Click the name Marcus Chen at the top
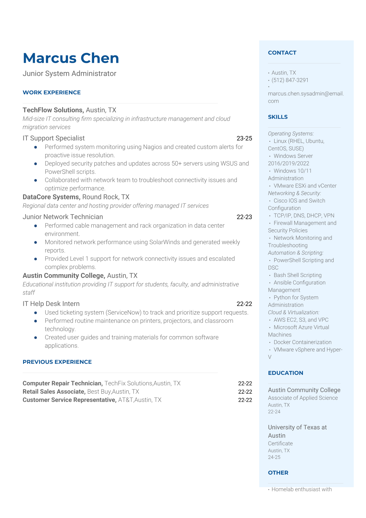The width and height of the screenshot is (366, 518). (71, 58)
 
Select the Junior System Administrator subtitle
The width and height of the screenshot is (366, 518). (70, 74)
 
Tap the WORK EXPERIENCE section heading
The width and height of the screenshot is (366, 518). (52, 92)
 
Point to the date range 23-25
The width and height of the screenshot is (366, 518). (244, 139)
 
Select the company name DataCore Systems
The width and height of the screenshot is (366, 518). (51, 197)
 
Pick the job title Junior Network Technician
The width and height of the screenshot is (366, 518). (63, 217)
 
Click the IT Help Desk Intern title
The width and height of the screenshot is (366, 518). (51, 304)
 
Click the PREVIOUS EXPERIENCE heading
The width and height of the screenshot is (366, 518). (57, 362)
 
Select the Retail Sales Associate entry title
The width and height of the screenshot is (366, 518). (54, 392)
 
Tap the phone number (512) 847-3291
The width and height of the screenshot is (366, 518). (290, 80)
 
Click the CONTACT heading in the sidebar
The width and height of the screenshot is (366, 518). (282, 53)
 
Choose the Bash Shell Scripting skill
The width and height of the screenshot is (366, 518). (297, 275)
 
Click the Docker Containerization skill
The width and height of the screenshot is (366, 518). (302, 342)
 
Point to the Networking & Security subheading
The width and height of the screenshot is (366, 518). (294, 193)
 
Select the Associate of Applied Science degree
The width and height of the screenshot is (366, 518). (303, 398)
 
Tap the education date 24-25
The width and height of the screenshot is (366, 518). (274, 457)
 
